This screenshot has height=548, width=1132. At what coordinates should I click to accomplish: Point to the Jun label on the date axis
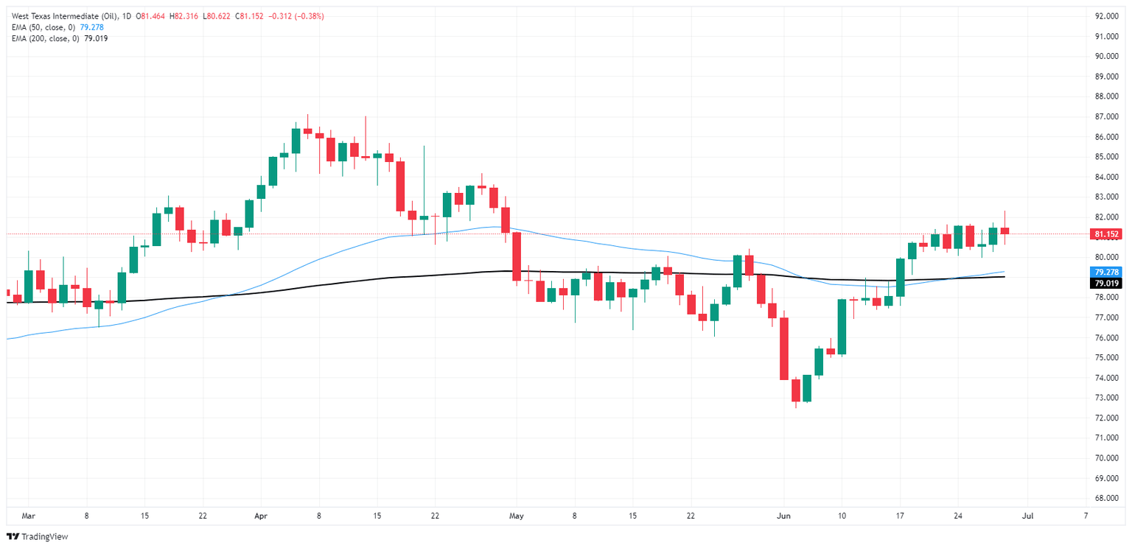coord(784,516)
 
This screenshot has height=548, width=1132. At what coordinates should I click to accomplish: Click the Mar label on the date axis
coord(29,516)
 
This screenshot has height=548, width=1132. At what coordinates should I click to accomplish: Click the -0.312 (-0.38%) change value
coord(298,16)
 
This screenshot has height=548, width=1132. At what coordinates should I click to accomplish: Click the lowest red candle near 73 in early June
coord(796,390)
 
